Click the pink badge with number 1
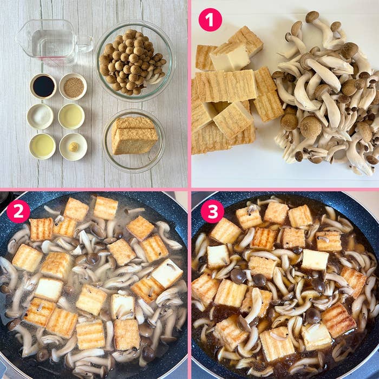pyautogui.click(x=210, y=20)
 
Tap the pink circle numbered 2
pyautogui.click(x=18, y=211)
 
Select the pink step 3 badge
pyautogui.click(x=212, y=211)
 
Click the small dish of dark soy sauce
pyautogui.click(x=43, y=86)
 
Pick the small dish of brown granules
pyautogui.click(x=73, y=86)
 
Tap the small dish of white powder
pyautogui.click(x=40, y=116)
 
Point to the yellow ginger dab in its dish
pyautogui.click(x=74, y=147)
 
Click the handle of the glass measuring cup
pyautogui.click(x=84, y=44)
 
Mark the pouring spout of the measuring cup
pyautogui.click(x=20, y=36)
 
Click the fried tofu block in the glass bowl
pyautogui.click(x=134, y=135)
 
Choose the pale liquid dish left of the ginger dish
pyautogui.click(x=43, y=146)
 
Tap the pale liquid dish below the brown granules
pyautogui.click(x=71, y=116)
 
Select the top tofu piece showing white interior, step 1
pyautogui.click(x=230, y=57)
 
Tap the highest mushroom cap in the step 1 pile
pyautogui.click(x=312, y=17)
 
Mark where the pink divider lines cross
pyautogui.click(x=190, y=190)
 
